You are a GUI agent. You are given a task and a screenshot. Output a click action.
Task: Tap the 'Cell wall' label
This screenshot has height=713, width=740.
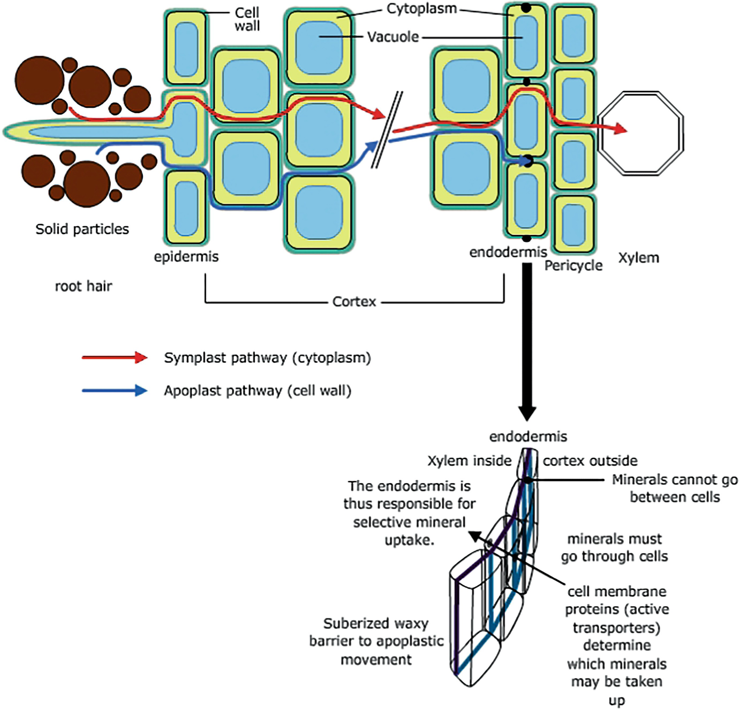tap(247, 19)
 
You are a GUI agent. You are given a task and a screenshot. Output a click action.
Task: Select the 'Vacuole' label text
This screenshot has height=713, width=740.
tap(392, 37)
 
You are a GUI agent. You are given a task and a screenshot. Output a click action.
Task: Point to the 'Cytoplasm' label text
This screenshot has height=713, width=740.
tap(421, 9)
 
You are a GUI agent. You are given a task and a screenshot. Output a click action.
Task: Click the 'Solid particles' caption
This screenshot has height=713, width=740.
tap(82, 229)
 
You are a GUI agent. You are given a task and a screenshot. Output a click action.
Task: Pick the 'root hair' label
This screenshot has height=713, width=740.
tap(84, 286)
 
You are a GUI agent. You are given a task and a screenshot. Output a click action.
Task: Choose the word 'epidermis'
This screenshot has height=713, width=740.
tap(186, 257)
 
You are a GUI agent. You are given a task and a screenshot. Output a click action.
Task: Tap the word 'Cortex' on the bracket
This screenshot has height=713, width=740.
tap(354, 302)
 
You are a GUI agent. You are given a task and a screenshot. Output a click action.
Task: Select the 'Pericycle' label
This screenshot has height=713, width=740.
tap(573, 266)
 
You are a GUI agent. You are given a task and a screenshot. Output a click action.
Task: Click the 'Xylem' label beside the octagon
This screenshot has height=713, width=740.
tap(638, 258)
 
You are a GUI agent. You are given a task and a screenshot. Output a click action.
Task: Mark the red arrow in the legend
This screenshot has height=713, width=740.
tap(114, 358)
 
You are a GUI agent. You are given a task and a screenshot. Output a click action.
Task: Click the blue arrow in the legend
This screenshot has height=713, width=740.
tap(114, 391)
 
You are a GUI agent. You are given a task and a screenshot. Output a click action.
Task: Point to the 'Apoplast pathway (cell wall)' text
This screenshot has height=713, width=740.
tap(258, 391)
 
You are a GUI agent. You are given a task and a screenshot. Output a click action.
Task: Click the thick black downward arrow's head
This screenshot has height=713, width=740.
tap(527, 413)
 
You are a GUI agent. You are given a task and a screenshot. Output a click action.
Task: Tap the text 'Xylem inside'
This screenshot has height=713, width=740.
tap(469, 461)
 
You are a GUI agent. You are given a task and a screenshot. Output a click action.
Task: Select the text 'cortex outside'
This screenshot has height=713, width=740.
tap(590, 461)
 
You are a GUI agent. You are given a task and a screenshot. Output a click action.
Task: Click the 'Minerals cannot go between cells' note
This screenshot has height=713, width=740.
tap(675, 488)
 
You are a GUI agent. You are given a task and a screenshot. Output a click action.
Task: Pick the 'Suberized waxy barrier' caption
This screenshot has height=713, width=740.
tap(376, 641)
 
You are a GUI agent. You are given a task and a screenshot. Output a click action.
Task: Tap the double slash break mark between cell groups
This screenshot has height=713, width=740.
tap(387, 130)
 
